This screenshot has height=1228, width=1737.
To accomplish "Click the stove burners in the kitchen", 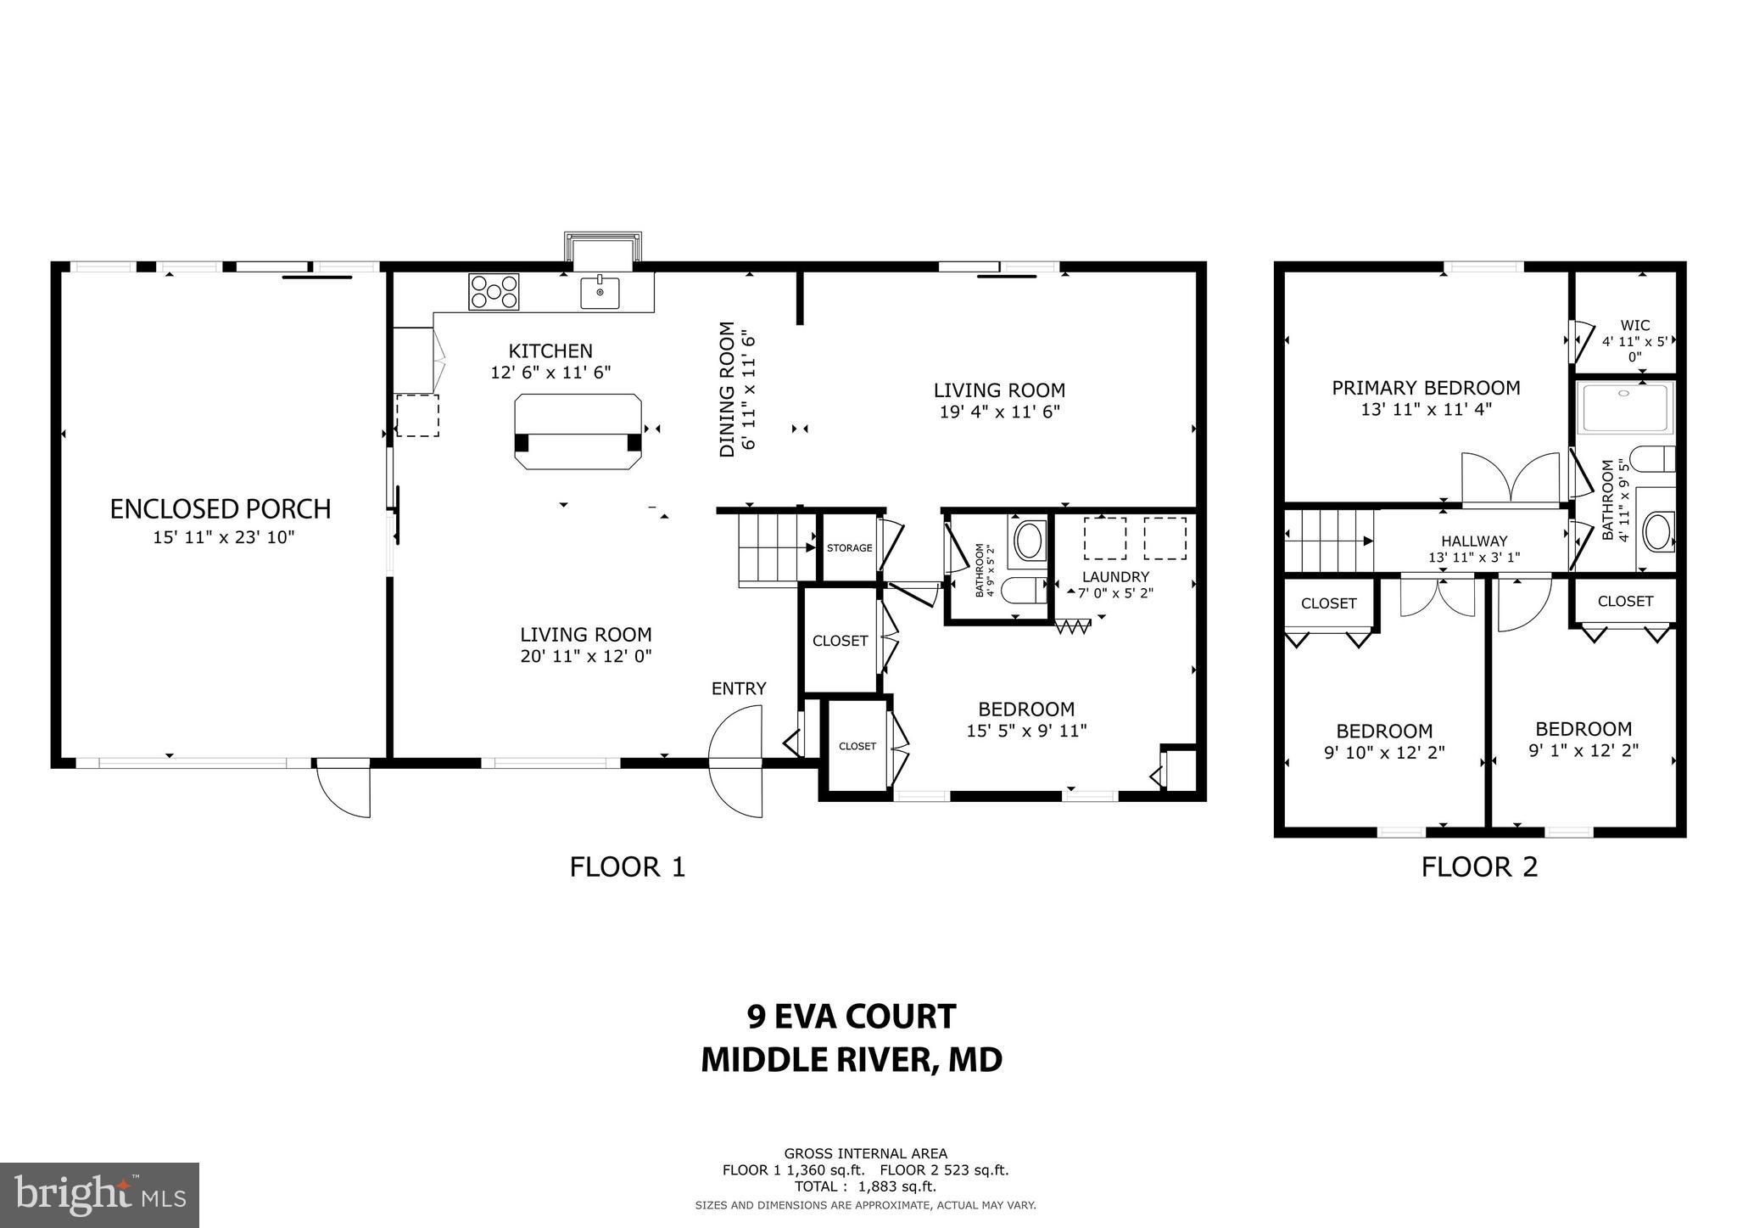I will [493, 291].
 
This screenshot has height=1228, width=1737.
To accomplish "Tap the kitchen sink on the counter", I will [600, 292].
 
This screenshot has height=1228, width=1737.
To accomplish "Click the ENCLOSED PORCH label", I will [221, 509].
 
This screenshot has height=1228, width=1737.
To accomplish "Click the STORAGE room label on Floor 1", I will [849, 548].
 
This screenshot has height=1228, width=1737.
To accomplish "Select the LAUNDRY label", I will [1115, 577].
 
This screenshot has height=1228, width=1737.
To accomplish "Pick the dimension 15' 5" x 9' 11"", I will [1026, 731].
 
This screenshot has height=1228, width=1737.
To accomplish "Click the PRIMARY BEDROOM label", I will [1426, 389].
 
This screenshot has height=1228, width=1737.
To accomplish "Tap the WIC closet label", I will [1634, 326].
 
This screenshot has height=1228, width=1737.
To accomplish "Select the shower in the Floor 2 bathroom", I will [1625, 408].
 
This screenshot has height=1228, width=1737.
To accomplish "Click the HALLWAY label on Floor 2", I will [1474, 541].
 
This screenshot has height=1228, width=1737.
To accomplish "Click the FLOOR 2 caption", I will [1479, 867].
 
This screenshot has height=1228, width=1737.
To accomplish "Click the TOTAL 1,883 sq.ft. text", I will [865, 1187].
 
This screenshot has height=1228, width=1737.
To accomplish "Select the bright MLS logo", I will [99, 1195].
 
